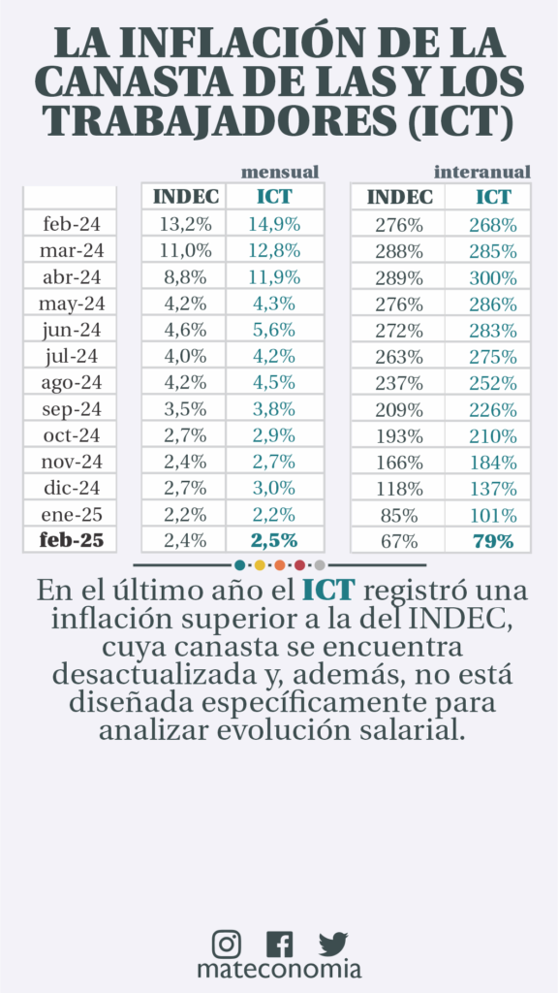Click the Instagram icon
click(226, 944)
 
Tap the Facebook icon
click(279, 945)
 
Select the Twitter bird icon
click(333, 944)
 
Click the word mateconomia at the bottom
click(279, 970)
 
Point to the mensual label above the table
click(280, 172)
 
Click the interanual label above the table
click(482, 172)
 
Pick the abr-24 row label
click(72, 277)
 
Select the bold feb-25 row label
click(70, 540)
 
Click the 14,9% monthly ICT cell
click(274, 224)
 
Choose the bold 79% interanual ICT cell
click(493, 541)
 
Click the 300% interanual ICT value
click(493, 277)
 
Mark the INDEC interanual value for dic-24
click(398, 489)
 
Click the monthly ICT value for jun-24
click(274, 330)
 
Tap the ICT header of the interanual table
click(493, 197)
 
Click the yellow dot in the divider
click(260, 565)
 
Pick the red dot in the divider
click(300, 565)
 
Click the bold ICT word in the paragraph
click(327, 591)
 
